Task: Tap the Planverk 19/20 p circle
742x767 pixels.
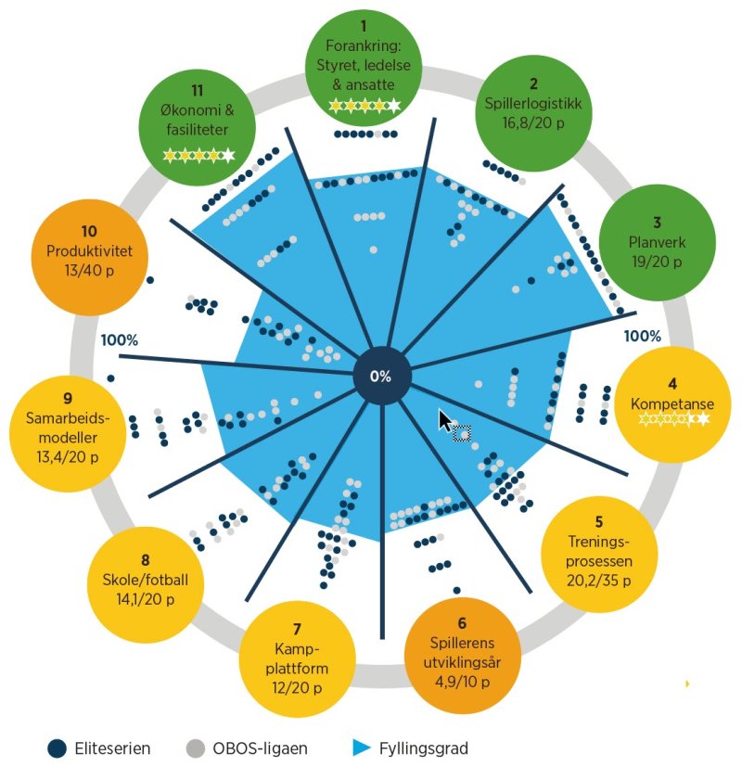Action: tap(656, 243)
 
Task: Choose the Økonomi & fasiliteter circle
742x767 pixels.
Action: tap(197, 120)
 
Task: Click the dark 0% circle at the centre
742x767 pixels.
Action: tap(381, 377)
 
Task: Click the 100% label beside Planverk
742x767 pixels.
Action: tap(642, 336)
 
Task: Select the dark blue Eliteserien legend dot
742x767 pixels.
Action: tap(58, 748)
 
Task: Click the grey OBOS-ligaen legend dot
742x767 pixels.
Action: tap(195, 748)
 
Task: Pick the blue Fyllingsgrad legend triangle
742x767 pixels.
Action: tap(362, 748)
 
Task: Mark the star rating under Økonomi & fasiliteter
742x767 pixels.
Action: tap(198, 156)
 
